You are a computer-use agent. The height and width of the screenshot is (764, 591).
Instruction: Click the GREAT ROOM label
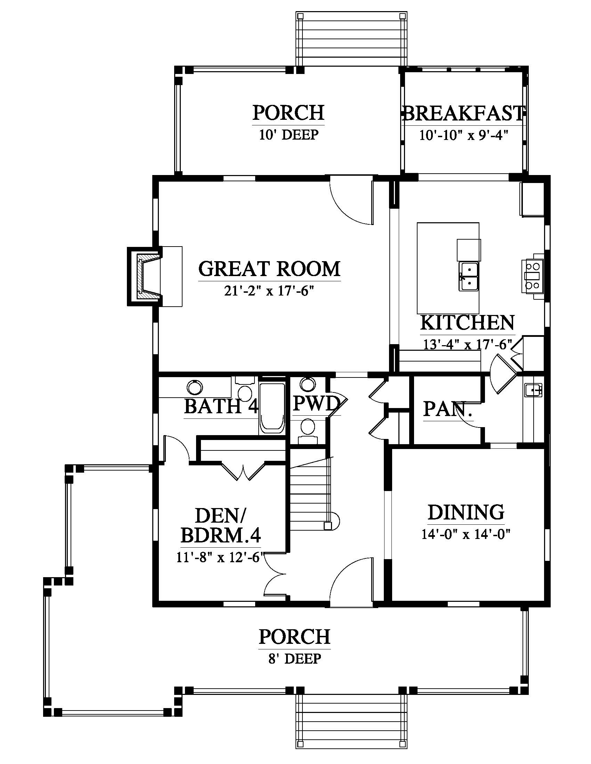[269, 269]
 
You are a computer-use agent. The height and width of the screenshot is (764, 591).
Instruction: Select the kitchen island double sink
[469, 277]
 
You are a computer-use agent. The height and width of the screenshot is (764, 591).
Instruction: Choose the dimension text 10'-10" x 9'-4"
[464, 135]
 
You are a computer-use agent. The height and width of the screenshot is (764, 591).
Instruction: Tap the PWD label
[316, 403]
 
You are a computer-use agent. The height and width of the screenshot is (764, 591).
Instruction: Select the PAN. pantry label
[448, 409]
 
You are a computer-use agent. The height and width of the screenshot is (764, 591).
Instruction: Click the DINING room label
[466, 512]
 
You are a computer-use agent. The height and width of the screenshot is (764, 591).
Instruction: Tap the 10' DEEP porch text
[289, 134]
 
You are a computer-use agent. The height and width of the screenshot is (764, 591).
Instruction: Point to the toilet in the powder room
[308, 430]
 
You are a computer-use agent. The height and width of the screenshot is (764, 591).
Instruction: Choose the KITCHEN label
[467, 322]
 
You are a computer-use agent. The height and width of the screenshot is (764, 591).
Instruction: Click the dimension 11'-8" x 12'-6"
[220, 558]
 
